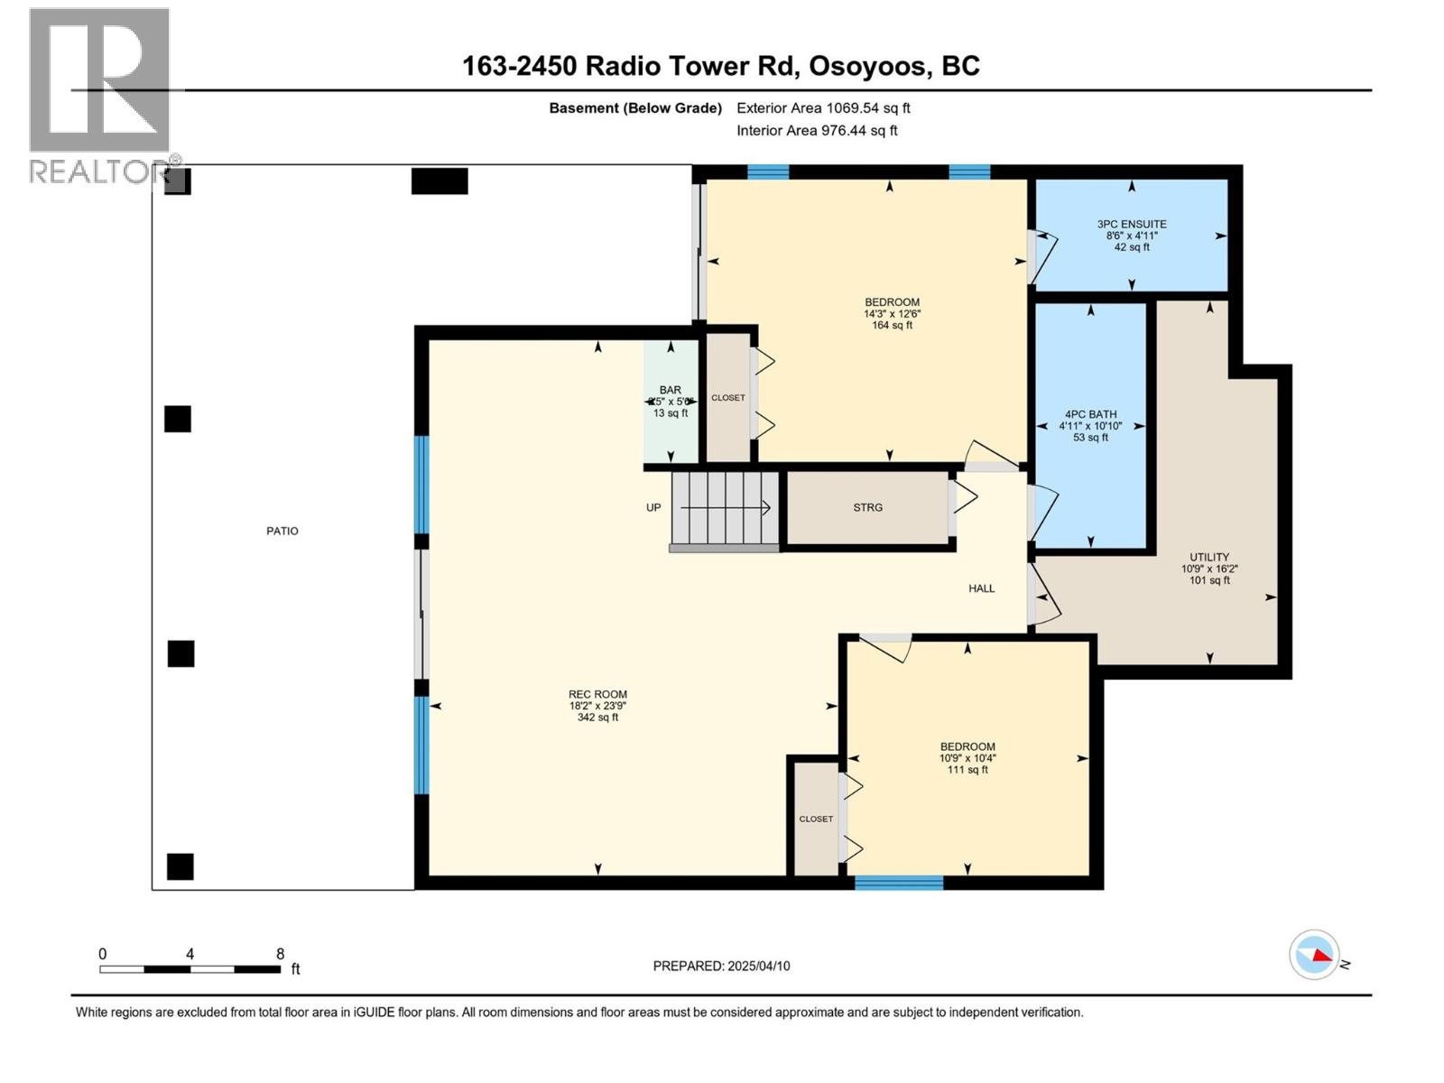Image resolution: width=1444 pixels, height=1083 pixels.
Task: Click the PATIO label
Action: pyautogui.click(x=282, y=531)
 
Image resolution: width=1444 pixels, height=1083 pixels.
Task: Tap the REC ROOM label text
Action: pyautogui.click(x=597, y=695)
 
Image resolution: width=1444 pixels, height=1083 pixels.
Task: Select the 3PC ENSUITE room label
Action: pyautogui.click(x=1132, y=224)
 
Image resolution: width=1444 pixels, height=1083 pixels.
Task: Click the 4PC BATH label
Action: pyautogui.click(x=1090, y=414)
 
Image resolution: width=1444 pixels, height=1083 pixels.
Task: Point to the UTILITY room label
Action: pyautogui.click(x=1209, y=557)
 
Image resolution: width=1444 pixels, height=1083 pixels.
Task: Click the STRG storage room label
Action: pyautogui.click(x=867, y=507)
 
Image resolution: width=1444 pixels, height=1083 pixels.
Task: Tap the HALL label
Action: pyautogui.click(x=981, y=588)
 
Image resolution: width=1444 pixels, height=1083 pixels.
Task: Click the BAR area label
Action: pyautogui.click(x=670, y=391)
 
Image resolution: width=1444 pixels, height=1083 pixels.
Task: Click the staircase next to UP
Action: pyautogui.click(x=725, y=508)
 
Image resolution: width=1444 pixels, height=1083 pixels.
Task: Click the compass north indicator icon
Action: pyautogui.click(x=1314, y=955)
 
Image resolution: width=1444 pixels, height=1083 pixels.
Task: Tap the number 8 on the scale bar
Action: pyautogui.click(x=280, y=954)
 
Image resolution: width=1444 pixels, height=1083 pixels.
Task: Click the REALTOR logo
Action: pyautogui.click(x=99, y=95)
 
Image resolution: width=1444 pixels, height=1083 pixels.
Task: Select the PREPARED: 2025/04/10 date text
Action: pyautogui.click(x=721, y=966)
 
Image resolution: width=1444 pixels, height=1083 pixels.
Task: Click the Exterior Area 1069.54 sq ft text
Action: pyautogui.click(x=823, y=107)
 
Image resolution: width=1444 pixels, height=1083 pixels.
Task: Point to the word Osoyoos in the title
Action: pyautogui.click(x=867, y=66)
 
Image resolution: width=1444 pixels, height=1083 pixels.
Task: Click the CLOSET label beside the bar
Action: pyautogui.click(x=727, y=398)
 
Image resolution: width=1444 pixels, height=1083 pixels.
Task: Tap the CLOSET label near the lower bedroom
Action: pyautogui.click(x=815, y=819)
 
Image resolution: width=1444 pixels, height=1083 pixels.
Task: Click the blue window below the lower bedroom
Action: pyautogui.click(x=899, y=883)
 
